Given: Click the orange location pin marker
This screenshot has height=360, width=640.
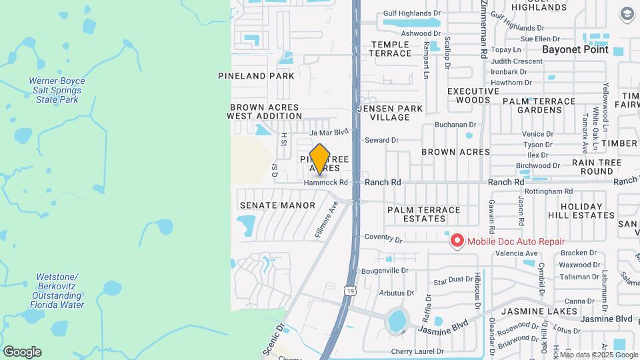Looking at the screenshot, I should point(320,159).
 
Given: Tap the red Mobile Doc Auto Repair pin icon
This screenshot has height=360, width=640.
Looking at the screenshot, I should point(457,241).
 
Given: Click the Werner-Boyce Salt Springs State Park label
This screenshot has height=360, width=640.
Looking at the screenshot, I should point(57,90).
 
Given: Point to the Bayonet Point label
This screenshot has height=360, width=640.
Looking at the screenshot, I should point(575,49).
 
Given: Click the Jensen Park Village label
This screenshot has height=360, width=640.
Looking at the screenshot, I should point(390,113).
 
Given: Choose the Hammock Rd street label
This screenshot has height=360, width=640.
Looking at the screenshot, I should point(326,183).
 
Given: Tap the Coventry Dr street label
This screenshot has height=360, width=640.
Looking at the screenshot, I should point(383,238).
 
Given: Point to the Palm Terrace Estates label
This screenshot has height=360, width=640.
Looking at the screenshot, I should point(424,214).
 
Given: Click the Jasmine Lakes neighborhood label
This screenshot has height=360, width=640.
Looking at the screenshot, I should point(539,311).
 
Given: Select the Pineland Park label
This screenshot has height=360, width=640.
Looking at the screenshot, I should point(256,76).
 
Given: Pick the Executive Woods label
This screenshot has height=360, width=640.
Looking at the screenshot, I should point(473,95).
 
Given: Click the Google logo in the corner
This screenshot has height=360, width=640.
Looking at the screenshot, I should point(21,351).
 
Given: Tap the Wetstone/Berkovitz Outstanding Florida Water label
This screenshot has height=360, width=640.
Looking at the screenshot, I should point(57,291).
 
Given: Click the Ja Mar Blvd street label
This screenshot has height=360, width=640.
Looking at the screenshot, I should point(329,132).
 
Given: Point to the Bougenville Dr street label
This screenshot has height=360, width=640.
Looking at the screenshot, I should point(384,271).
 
